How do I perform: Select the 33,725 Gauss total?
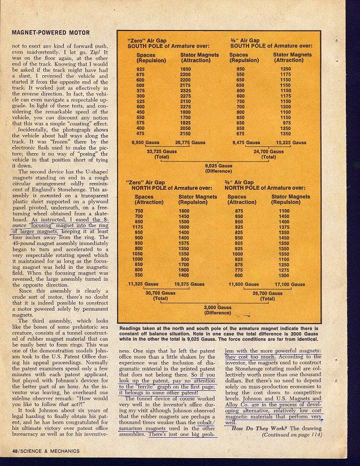[x=159, y=153]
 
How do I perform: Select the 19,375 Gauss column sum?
[x=189, y=284]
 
